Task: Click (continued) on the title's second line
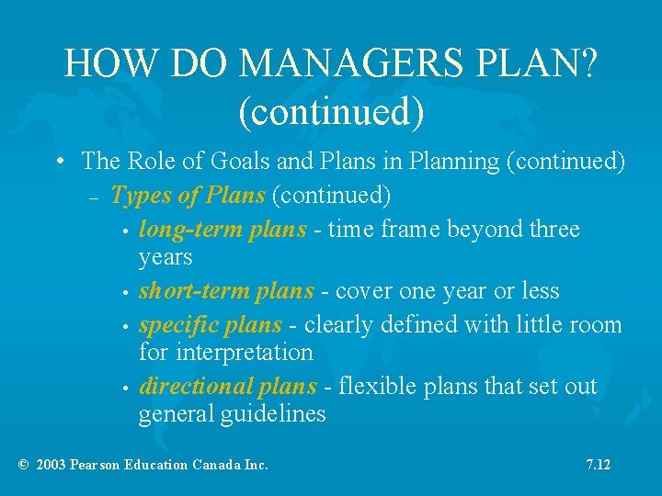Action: (x=331, y=110)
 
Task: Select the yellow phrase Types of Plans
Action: (x=188, y=195)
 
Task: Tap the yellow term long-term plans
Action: (x=223, y=229)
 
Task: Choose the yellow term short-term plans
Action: (x=226, y=291)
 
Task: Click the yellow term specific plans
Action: (x=210, y=325)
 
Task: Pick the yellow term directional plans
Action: (x=227, y=386)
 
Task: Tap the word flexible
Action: (x=372, y=386)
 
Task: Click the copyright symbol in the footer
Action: (x=23, y=465)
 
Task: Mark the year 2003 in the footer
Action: (x=51, y=465)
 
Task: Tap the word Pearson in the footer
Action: (x=99, y=465)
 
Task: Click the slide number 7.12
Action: (x=598, y=465)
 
